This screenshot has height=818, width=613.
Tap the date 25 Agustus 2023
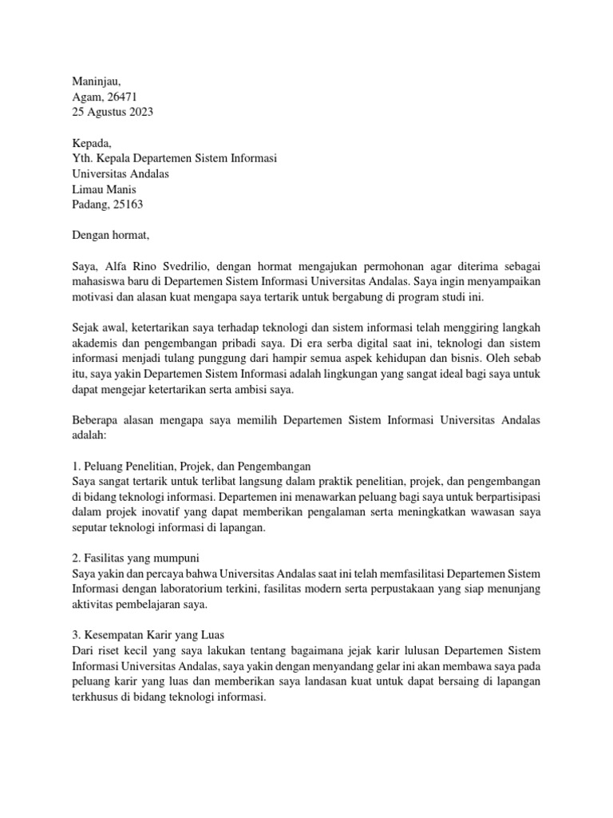click(113, 112)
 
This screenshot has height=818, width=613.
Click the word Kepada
click(93, 143)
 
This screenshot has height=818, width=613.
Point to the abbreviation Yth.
click(82, 158)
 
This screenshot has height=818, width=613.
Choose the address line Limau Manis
click(104, 189)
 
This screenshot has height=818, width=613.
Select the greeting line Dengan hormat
click(110, 235)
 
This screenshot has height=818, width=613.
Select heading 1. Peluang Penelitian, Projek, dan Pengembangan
click(192, 466)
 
